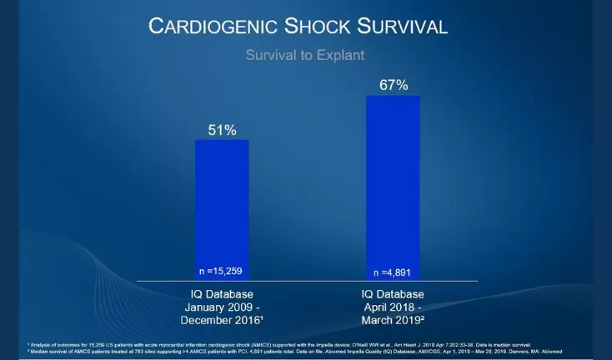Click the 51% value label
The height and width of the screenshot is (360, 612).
point(222,130)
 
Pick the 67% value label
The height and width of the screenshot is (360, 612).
point(392,85)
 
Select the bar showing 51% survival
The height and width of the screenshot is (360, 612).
point(222,208)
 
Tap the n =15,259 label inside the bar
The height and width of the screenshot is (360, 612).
point(222,271)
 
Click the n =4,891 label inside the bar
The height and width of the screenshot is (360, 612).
point(392,271)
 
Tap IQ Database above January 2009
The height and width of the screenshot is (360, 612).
point(221,294)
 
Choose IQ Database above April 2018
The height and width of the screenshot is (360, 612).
point(392,294)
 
